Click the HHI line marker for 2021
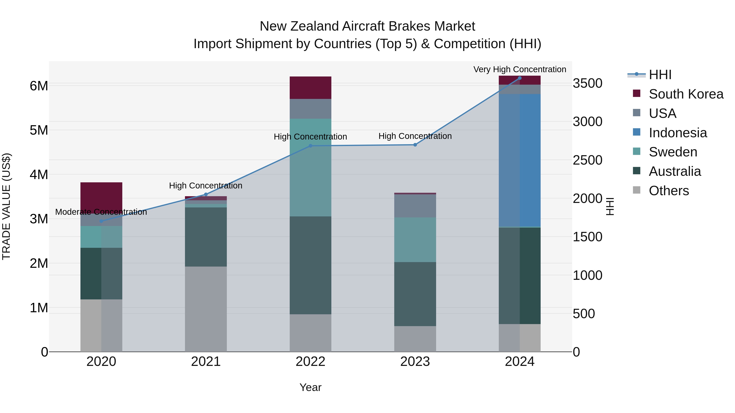click(206, 194)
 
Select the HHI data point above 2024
click(520, 78)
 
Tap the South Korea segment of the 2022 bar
click(310, 87)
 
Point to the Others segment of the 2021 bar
click(206, 309)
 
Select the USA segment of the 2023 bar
click(415, 206)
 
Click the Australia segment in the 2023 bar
click(415, 294)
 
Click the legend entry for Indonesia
click(678, 133)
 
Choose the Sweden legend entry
click(673, 152)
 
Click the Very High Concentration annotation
click(520, 69)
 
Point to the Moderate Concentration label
click(101, 212)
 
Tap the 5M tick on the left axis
click(39, 130)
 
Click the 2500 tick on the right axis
click(587, 160)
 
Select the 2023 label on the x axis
click(415, 362)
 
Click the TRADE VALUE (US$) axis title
click(6, 206)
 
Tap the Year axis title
click(310, 387)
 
